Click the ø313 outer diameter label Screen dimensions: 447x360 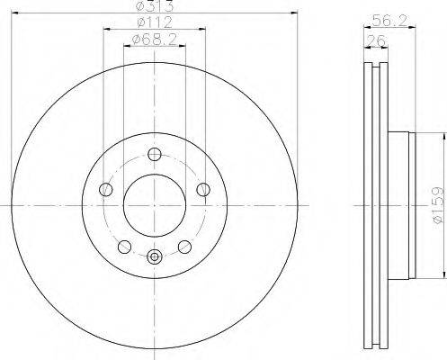coord(155,6)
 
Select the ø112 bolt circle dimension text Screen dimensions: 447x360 coord(155,22)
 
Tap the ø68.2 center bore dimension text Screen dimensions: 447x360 coord(155,40)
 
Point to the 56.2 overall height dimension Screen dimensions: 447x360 coord(389,21)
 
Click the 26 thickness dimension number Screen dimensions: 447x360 coord(376,40)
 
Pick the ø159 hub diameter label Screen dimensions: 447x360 coord(437,205)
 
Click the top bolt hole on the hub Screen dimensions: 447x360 coord(155,155)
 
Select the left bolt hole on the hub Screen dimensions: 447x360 coord(106,190)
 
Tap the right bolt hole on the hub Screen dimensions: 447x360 coord(203,190)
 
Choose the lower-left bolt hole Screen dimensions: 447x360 coord(124,247)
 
